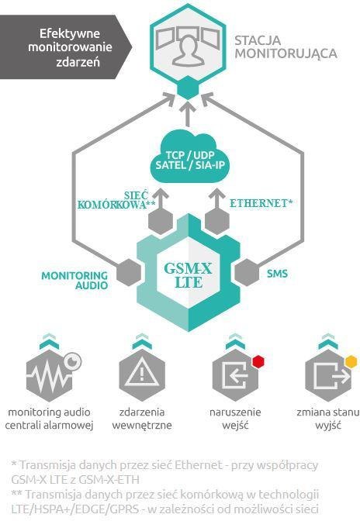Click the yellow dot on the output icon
pos(351,361)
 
